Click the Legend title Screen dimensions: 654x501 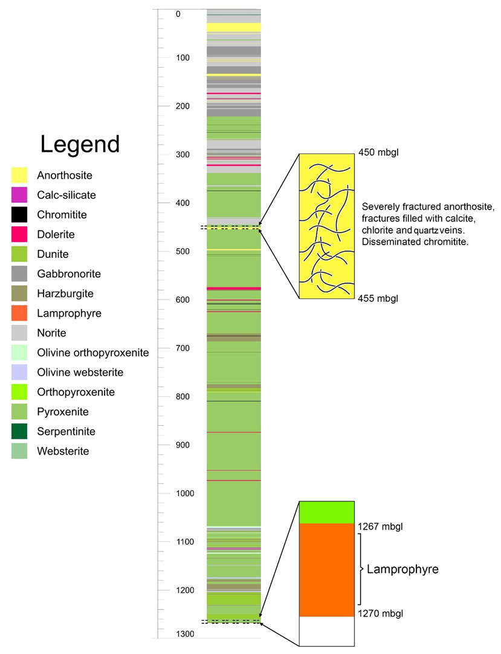(80, 145)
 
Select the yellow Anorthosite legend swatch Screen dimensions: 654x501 (19, 175)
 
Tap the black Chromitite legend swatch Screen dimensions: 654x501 (19, 214)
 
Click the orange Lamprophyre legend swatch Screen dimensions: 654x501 (19, 313)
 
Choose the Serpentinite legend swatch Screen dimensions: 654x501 (19, 431)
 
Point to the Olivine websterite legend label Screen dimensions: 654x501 (77, 372)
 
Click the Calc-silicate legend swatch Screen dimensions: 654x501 (19, 195)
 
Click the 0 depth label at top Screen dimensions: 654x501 (178, 14)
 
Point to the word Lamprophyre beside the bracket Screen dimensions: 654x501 (402, 569)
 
